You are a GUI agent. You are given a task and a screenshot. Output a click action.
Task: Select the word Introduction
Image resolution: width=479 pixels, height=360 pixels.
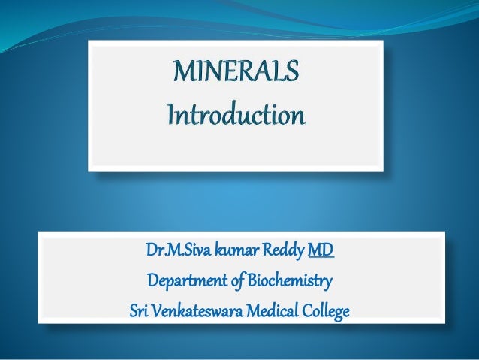click(x=236, y=117)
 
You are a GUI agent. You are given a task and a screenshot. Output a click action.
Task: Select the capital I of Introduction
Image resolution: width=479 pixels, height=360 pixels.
click(x=170, y=116)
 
